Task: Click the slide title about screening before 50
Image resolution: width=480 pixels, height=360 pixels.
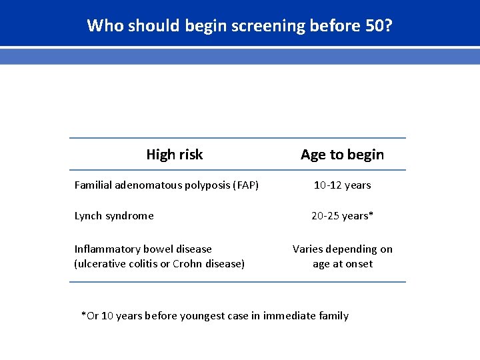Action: coord(240,26)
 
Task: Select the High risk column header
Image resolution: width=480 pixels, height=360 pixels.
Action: coord(174,155)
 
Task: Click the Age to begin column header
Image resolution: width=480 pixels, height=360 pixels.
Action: coord(342,155)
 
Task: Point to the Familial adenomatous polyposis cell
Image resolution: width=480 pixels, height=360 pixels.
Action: coord(166,185)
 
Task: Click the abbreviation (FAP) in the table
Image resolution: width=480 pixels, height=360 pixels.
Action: coord(245,185)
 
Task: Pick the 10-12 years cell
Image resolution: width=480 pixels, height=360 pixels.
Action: coord(342,185)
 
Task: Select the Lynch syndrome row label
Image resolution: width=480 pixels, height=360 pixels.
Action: coord(114,215)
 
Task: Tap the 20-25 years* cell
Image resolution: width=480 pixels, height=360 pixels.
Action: coord(342,215)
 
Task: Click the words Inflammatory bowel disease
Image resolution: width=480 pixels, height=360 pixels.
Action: coord(143,249)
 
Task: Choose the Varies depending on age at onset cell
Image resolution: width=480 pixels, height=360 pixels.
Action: coord(342,256)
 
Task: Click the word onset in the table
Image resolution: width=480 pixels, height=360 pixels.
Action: coord(359,263)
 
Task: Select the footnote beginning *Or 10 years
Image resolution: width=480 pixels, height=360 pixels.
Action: coord(214,315)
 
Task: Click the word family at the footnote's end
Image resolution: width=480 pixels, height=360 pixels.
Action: coord(333,315)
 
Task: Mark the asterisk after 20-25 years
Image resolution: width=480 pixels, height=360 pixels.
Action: coord(371,214)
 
